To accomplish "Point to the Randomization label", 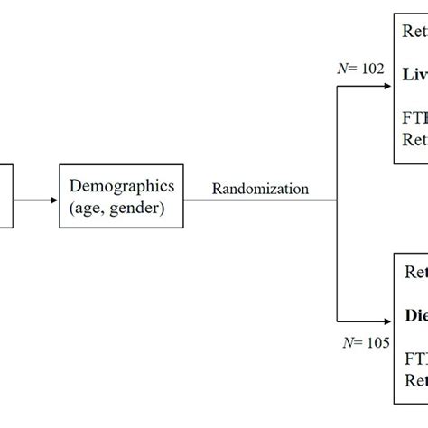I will coord(260,189).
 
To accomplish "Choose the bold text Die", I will coord(414,317).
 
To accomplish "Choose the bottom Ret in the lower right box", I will coord(415,383).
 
